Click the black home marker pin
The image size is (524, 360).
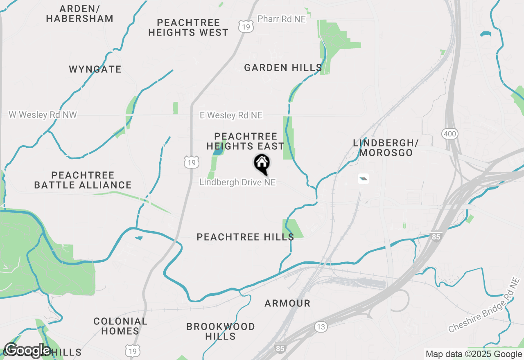(262, 164)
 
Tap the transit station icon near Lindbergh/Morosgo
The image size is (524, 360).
(364, 178)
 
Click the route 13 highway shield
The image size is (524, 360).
(321, 326)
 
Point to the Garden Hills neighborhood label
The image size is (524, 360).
(283, 68)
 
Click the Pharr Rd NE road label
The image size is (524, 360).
(282, 19)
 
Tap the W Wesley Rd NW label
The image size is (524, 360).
(43, 115)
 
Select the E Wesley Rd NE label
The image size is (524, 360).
(231, 115)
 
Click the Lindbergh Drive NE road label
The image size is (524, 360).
(237, 182)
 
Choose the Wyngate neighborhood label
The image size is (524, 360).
(95, 69)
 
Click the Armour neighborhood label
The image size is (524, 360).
(287, 303)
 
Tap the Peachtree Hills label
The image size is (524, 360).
(245, 237)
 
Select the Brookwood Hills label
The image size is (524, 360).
(221, 331)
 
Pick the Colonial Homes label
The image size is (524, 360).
(120, 326)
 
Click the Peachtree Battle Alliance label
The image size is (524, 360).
(83, 180)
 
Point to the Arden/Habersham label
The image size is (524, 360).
(79, 13)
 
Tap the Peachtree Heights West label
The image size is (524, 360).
(188, 27)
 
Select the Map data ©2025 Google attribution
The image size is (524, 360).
(474, 354)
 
